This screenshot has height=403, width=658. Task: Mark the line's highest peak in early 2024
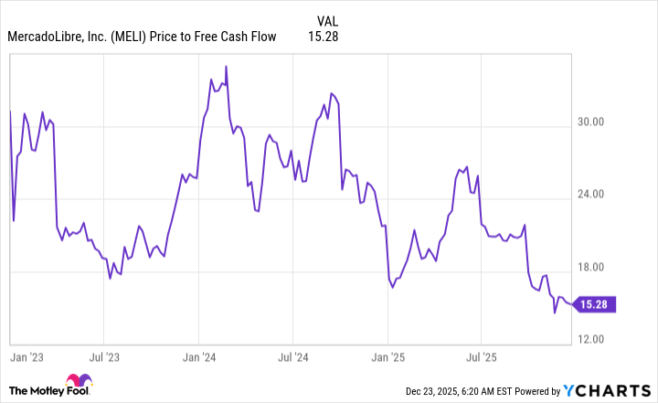pyautogui.click(x=226, y=66)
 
